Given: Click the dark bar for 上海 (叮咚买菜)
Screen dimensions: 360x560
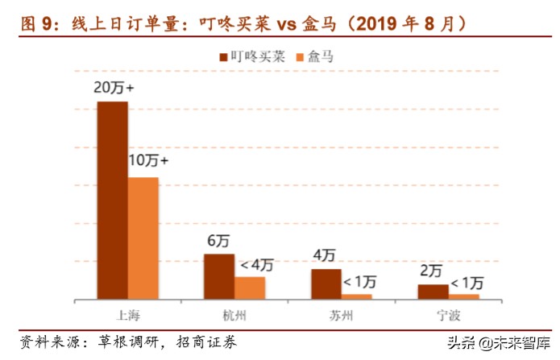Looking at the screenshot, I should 112,200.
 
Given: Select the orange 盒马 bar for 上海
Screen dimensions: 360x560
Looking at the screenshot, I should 143,238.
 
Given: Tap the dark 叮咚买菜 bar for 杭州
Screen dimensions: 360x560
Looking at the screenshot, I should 218,276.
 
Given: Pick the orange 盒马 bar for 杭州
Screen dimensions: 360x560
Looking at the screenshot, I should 250,288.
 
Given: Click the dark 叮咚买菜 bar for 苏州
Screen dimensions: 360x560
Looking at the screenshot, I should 326,283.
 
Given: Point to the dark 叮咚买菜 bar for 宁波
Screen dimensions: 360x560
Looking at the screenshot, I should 433,292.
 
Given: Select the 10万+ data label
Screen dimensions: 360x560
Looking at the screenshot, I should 148,161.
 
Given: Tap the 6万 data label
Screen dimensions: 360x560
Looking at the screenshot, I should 218,241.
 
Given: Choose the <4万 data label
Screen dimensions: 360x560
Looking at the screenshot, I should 256,264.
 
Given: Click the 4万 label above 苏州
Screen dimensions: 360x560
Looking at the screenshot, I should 325,256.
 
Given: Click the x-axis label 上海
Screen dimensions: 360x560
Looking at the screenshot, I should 128,313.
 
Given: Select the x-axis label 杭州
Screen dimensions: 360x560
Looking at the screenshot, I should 234,313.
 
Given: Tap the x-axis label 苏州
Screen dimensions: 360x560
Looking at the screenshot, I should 342,313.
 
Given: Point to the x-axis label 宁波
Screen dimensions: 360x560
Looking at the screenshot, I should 449,313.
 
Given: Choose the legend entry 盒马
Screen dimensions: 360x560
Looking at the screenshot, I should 318,56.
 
